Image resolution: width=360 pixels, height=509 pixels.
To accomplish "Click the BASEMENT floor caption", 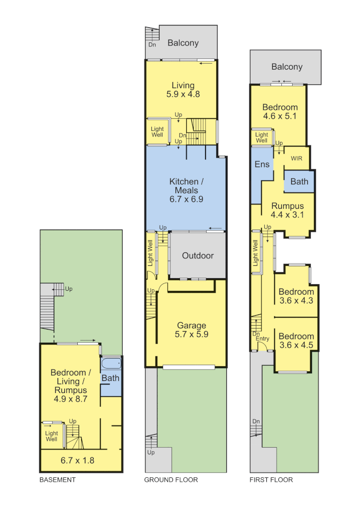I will pos(57,480).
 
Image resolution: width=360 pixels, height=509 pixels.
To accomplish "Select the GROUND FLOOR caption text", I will pos(171,480).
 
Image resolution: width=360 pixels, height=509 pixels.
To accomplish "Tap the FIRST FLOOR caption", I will pos(271,480).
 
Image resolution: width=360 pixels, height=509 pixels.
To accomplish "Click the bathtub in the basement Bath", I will pos(111,364).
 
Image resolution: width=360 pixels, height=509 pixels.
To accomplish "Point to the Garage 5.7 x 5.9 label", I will pos(192,330).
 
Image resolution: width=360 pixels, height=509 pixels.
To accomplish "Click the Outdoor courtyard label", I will pos(198,255).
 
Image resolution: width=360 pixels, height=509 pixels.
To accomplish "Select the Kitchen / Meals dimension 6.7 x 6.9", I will pos(186,199).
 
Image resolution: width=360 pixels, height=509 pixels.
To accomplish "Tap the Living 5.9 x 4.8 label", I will pos(183,90).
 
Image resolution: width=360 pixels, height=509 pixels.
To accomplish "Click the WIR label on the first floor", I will pos(296,158).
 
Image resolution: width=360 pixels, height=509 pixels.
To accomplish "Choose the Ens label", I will pos(262,164).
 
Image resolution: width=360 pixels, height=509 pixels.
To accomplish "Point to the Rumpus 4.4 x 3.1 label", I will pos(287,210).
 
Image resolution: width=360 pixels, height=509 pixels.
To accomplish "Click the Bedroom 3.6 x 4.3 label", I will pos(296,296).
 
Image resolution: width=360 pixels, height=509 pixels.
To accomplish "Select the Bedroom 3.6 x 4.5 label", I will pos(296,340).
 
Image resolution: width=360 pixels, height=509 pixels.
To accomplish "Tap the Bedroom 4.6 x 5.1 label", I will pos(280,112).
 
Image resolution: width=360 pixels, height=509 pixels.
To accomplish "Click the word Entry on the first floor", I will pos(262,338).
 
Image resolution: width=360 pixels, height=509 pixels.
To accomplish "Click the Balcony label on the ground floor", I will pos(183,43).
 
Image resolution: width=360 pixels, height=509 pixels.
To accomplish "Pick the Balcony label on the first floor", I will pos(286,67).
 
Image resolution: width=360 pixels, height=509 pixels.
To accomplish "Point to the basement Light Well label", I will pos(51,436).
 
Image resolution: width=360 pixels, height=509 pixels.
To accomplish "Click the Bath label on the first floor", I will pos(299,181).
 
